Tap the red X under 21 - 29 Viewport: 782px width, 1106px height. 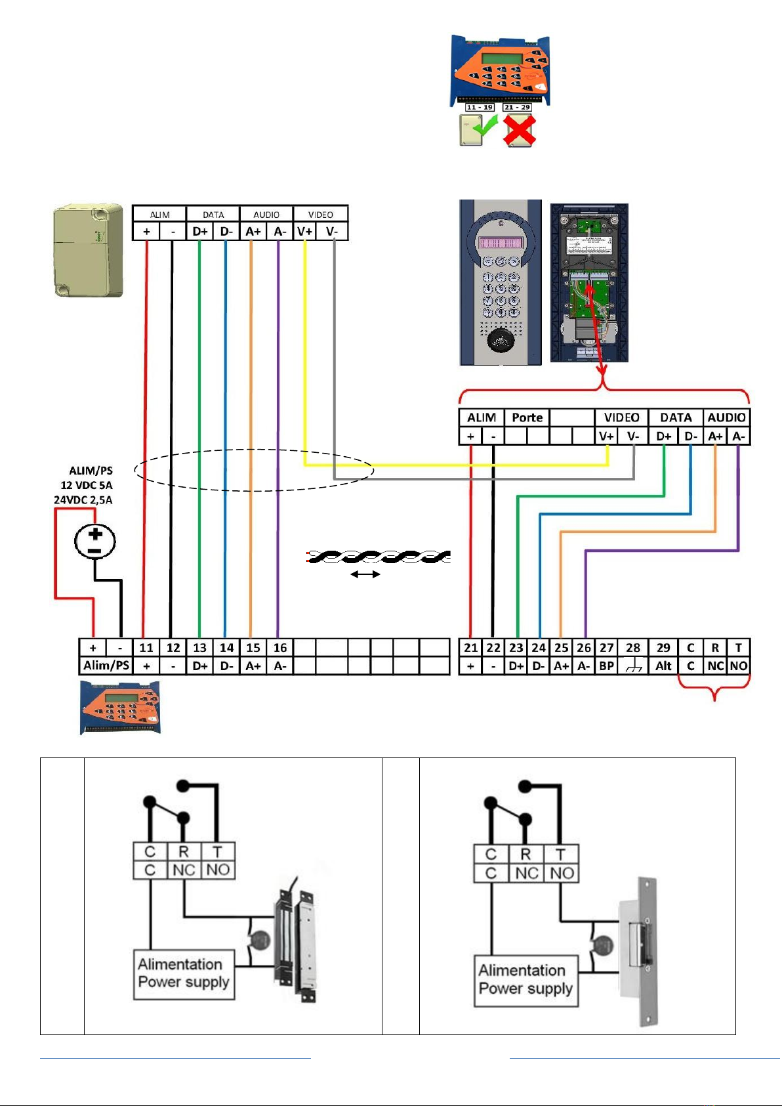[x=519, y=130]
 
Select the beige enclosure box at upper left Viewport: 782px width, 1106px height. [x=88, y=250]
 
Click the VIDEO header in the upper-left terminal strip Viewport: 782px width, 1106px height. [x=320, y=214]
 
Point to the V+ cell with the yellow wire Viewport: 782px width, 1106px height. [x=304, y=232]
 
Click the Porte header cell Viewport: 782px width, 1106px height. [x=527, y=417]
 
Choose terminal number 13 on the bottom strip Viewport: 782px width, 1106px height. [x=199, y=648]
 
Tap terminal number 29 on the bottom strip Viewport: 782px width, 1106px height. [x=663, y=648]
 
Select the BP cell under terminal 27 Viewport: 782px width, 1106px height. [x=607, y=666]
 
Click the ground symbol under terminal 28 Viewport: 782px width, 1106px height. [x=633, y=666]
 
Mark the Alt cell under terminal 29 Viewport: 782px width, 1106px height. [x=663, y=666]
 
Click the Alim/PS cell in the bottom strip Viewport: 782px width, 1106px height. [x=106, y=666]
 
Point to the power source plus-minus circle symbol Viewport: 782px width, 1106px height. [x=95, y=542]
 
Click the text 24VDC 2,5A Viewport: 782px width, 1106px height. [x=83, y=500]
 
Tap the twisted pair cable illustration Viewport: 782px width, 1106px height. [x=379, y=557]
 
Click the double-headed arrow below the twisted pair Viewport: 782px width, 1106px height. [x=365, y=574]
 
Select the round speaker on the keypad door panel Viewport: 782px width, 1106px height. [x=501, y=339]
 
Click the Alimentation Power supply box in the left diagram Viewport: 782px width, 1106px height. [x=184, y=974]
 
